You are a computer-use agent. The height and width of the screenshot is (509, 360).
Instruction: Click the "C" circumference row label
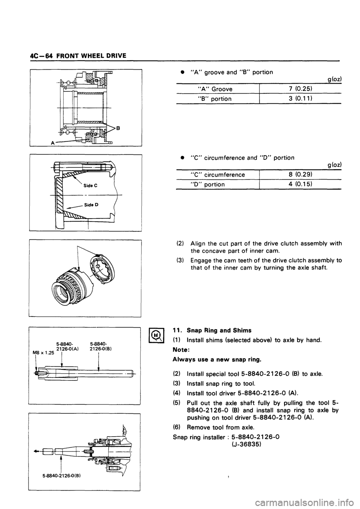point(218,175)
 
